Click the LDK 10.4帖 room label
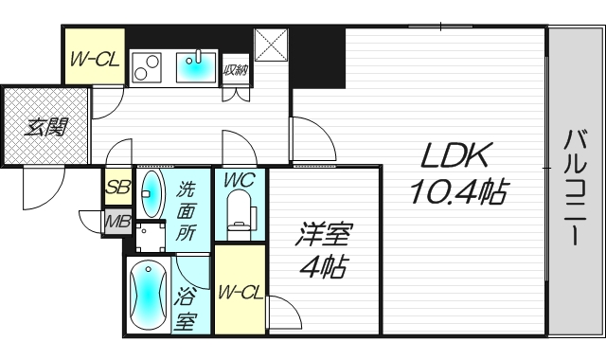(458, 172)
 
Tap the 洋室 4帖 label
(324, 250)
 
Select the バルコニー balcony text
(577, 188)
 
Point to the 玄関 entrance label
(46, 127)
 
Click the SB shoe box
(118, 188)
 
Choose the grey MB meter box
(117, 223)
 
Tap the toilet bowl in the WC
(241, 215)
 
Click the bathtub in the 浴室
(148, 295)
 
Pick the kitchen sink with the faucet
(196, 66)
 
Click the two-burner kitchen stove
(146, 67)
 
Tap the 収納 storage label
(236, 70)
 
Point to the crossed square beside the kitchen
(271, 45)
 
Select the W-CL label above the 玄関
(95, 59)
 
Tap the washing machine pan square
(151, 236)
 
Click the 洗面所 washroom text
(187, 211)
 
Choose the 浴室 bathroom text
(186, 308)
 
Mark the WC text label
(240, 180)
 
